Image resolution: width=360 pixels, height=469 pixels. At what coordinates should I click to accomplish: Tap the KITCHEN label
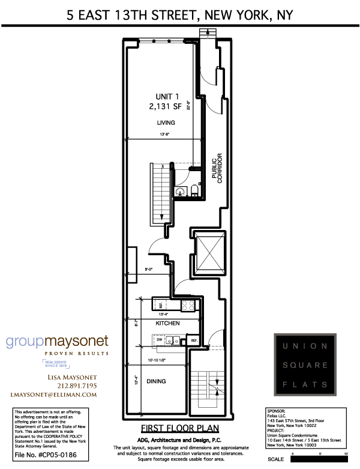(x=168, y=323)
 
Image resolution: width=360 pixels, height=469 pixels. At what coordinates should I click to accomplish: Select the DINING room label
(x=155, y=381)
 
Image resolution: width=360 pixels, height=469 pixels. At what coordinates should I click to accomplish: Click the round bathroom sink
(x=181, y=192)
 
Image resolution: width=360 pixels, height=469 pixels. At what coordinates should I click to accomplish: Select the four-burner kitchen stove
(x=188, y=304)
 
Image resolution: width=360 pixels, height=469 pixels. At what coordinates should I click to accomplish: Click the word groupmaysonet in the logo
(x=58, y=340)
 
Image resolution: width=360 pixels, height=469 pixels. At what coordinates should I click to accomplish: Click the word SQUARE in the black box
(x=306, y=365)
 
